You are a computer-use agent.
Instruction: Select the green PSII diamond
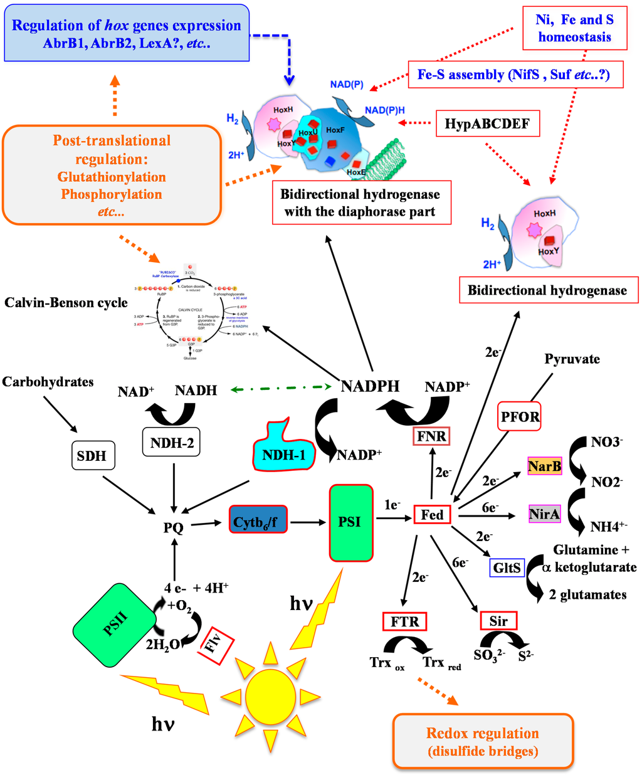(116, 625)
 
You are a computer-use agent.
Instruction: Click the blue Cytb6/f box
(258, 522)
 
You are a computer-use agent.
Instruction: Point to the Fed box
(432, 515)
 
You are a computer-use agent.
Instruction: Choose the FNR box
(431, 436)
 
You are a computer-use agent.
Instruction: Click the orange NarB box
(544, 467)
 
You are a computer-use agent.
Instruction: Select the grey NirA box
(544, 514)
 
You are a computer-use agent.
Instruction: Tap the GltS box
(507, 568)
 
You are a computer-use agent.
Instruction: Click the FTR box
(404, 621)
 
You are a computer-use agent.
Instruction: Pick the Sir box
(498, 621)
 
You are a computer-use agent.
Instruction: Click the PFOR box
(519, 416)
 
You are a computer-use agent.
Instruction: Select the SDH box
(92, 456)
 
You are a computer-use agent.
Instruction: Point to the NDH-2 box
(172, 443)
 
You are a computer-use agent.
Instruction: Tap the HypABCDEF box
(487, 124)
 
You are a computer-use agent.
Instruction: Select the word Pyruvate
(572, 359)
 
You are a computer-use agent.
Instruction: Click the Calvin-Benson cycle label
(66, 303)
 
